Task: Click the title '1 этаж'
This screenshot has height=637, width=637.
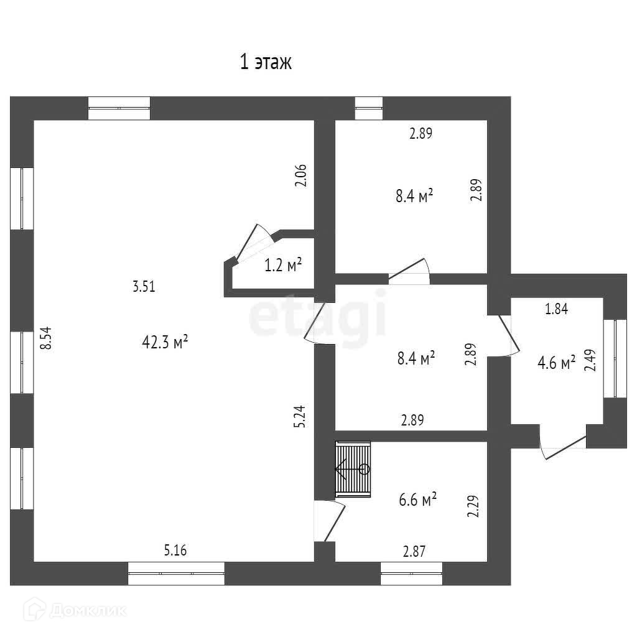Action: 266,63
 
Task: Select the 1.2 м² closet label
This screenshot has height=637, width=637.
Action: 283,266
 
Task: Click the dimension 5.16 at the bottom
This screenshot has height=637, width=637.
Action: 175,550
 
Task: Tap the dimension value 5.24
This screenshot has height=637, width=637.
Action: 300,416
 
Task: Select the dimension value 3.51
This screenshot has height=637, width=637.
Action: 144,287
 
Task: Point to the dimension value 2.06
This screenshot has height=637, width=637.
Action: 300,175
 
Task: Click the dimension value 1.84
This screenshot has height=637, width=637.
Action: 556,309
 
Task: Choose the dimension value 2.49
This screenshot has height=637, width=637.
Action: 589,360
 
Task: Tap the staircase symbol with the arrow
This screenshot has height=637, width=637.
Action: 353,469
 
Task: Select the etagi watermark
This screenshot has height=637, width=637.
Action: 318,317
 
